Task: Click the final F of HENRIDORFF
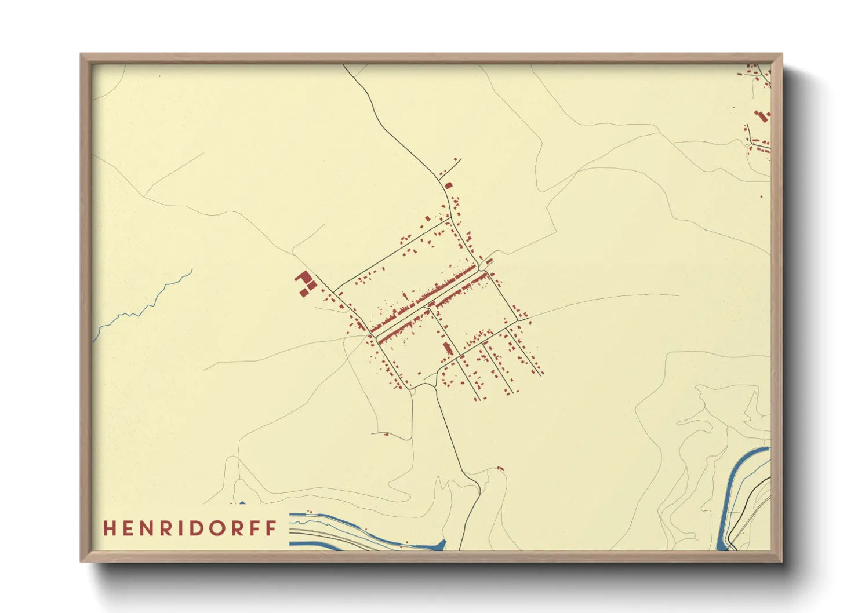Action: (x=271, y=528)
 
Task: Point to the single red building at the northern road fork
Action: (x=448, y=185)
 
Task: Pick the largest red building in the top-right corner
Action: (x=762, y=116)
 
